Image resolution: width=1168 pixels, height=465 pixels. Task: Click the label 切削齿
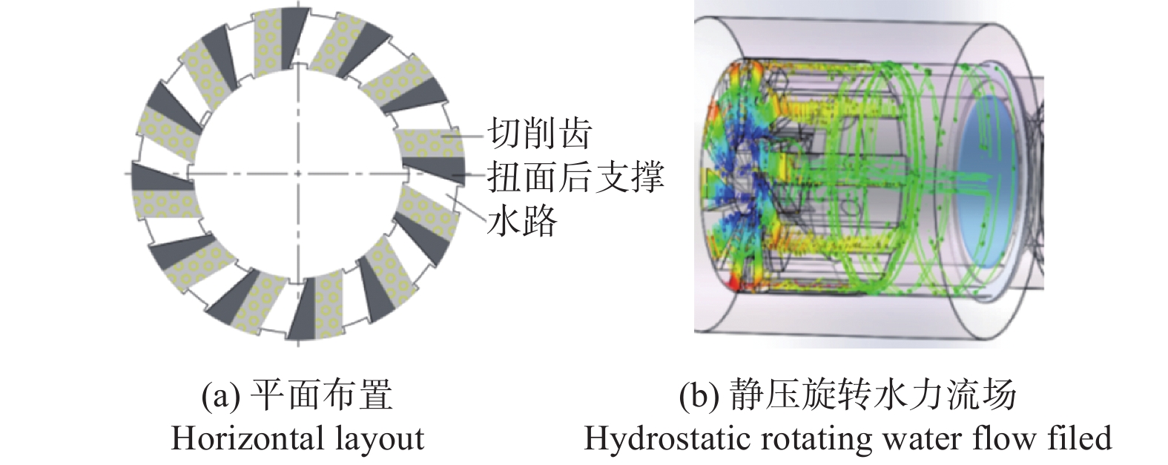point(539,133)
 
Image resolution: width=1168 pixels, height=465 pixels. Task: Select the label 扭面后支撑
point(575,177)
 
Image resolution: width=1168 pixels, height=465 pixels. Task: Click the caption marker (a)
point(220,396)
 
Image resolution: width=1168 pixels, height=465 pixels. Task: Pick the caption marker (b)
point(699,396)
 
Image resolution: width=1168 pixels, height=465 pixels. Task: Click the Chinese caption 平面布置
point(321,396)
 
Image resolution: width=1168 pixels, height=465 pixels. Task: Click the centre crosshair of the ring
point(297,174)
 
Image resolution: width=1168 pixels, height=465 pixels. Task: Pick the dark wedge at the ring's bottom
point(301,309)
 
